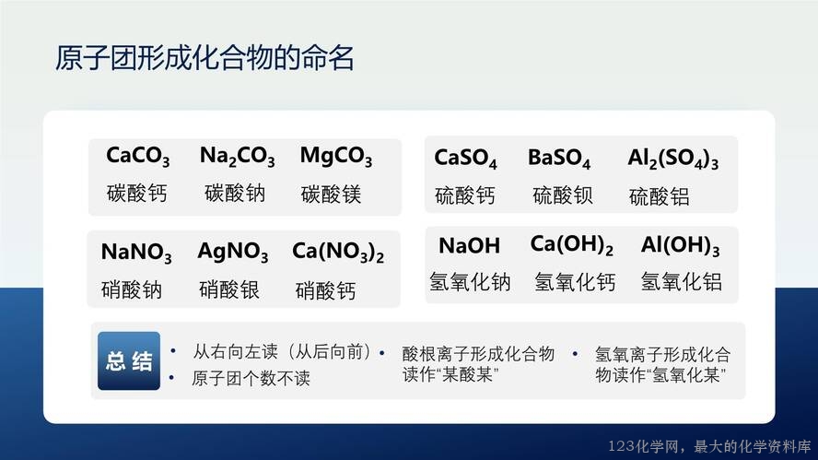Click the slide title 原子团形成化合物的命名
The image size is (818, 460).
204,57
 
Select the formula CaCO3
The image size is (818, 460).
138,156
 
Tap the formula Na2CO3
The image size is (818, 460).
237,156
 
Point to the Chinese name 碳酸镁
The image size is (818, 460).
332,195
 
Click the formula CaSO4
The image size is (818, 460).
465,159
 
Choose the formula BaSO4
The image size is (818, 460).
559,159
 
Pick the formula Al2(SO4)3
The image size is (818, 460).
673,159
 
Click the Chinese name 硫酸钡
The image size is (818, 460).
562,195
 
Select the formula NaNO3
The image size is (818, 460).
136,253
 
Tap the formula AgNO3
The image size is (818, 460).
233,253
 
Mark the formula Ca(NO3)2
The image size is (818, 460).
338,253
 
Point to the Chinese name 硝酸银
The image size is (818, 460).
229,289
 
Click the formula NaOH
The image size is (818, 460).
469,245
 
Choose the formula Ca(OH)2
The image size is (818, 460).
572,245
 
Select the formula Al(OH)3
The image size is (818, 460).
680,245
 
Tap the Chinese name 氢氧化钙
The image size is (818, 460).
575,282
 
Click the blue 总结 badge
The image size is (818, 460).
129,360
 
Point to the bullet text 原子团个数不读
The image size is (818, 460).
251,378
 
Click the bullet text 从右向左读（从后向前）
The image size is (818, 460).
282,352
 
